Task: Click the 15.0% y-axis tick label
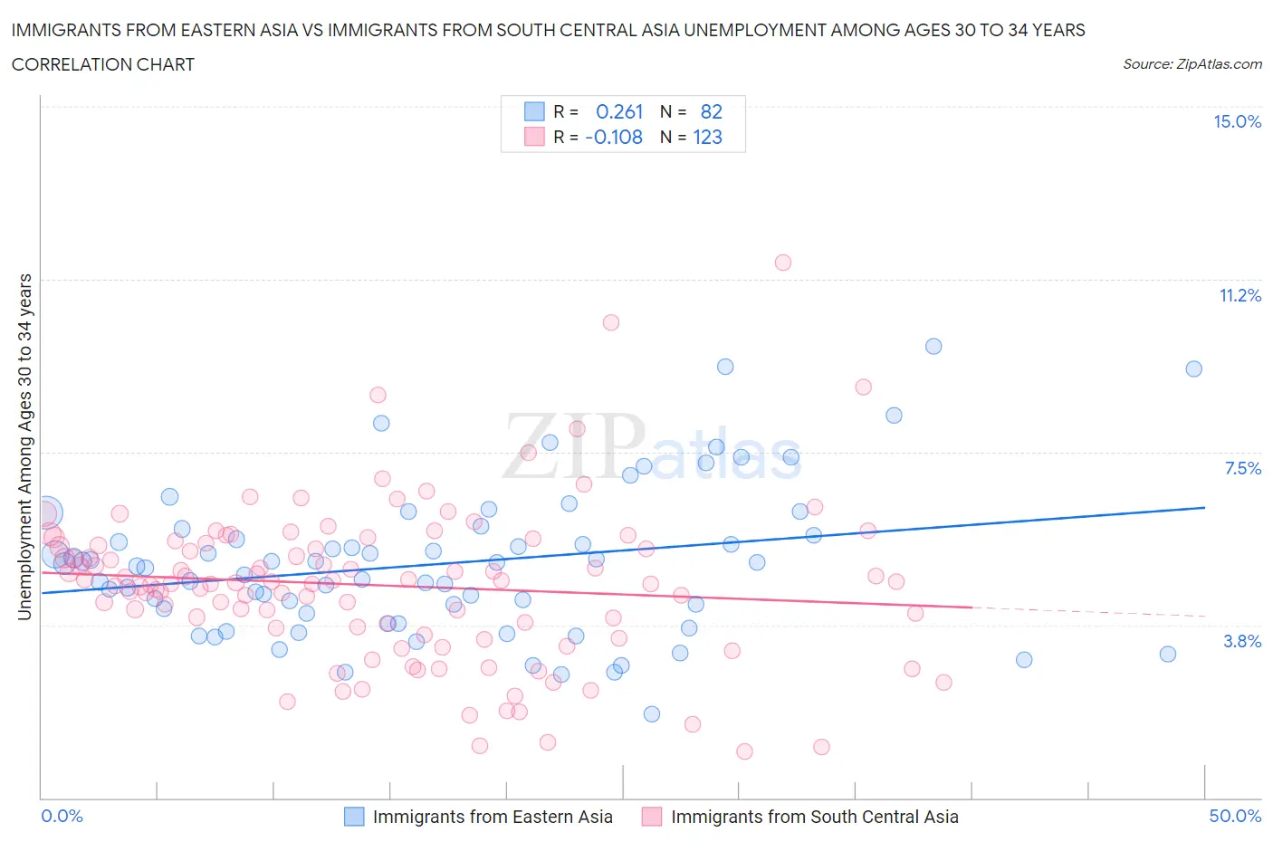1237,122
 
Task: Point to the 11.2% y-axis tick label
1239,295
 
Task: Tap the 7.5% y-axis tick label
1242,468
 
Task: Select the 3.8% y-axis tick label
1242,641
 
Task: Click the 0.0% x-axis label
62,816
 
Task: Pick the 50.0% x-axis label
1235,816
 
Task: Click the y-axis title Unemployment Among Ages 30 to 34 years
24,446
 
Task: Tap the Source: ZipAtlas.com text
1192,63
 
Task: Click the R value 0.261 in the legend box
619,111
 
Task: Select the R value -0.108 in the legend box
614,137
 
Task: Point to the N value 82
711,111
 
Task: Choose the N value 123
707,137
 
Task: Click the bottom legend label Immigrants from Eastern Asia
493,817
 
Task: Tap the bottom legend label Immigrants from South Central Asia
814,817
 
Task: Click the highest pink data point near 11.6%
783,263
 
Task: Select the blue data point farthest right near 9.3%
1194,368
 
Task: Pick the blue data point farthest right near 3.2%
1168,654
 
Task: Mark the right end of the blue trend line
1205,508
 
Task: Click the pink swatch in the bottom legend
652,817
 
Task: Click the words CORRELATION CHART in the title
103,64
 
